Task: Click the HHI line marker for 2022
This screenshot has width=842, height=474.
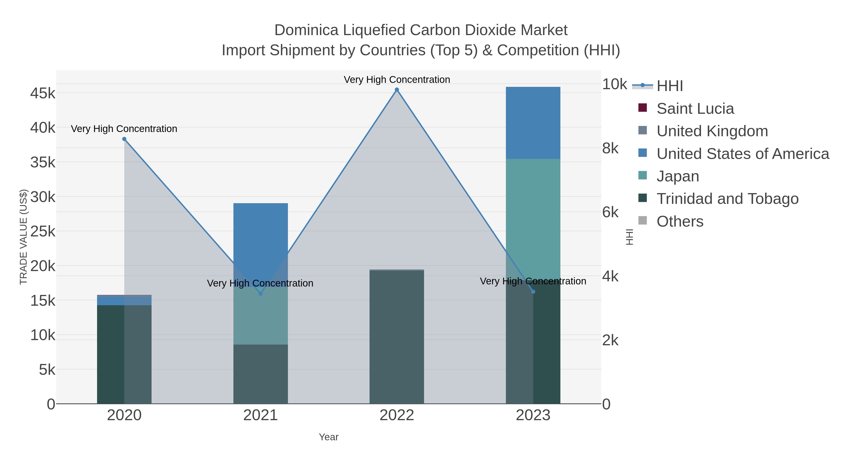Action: coord(397,90)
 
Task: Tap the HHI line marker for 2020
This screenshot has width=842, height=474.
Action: coord(124,139)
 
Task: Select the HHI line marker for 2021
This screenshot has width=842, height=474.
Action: coord(261,294)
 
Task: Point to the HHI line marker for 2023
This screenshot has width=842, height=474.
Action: coord(533,291)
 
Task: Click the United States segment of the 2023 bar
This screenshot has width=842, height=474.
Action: coord(533,123)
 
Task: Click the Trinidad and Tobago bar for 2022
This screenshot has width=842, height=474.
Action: coord(397,337)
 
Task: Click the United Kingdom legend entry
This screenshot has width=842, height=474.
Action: coord(712,131)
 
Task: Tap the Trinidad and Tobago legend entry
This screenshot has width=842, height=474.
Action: coord(727,199)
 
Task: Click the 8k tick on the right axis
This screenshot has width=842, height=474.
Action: coord(610,148)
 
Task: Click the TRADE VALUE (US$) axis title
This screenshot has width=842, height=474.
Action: coord(24,237)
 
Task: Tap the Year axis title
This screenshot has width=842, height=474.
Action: coord(329,437)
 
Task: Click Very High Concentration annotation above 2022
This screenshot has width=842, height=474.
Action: coord(397,80)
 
